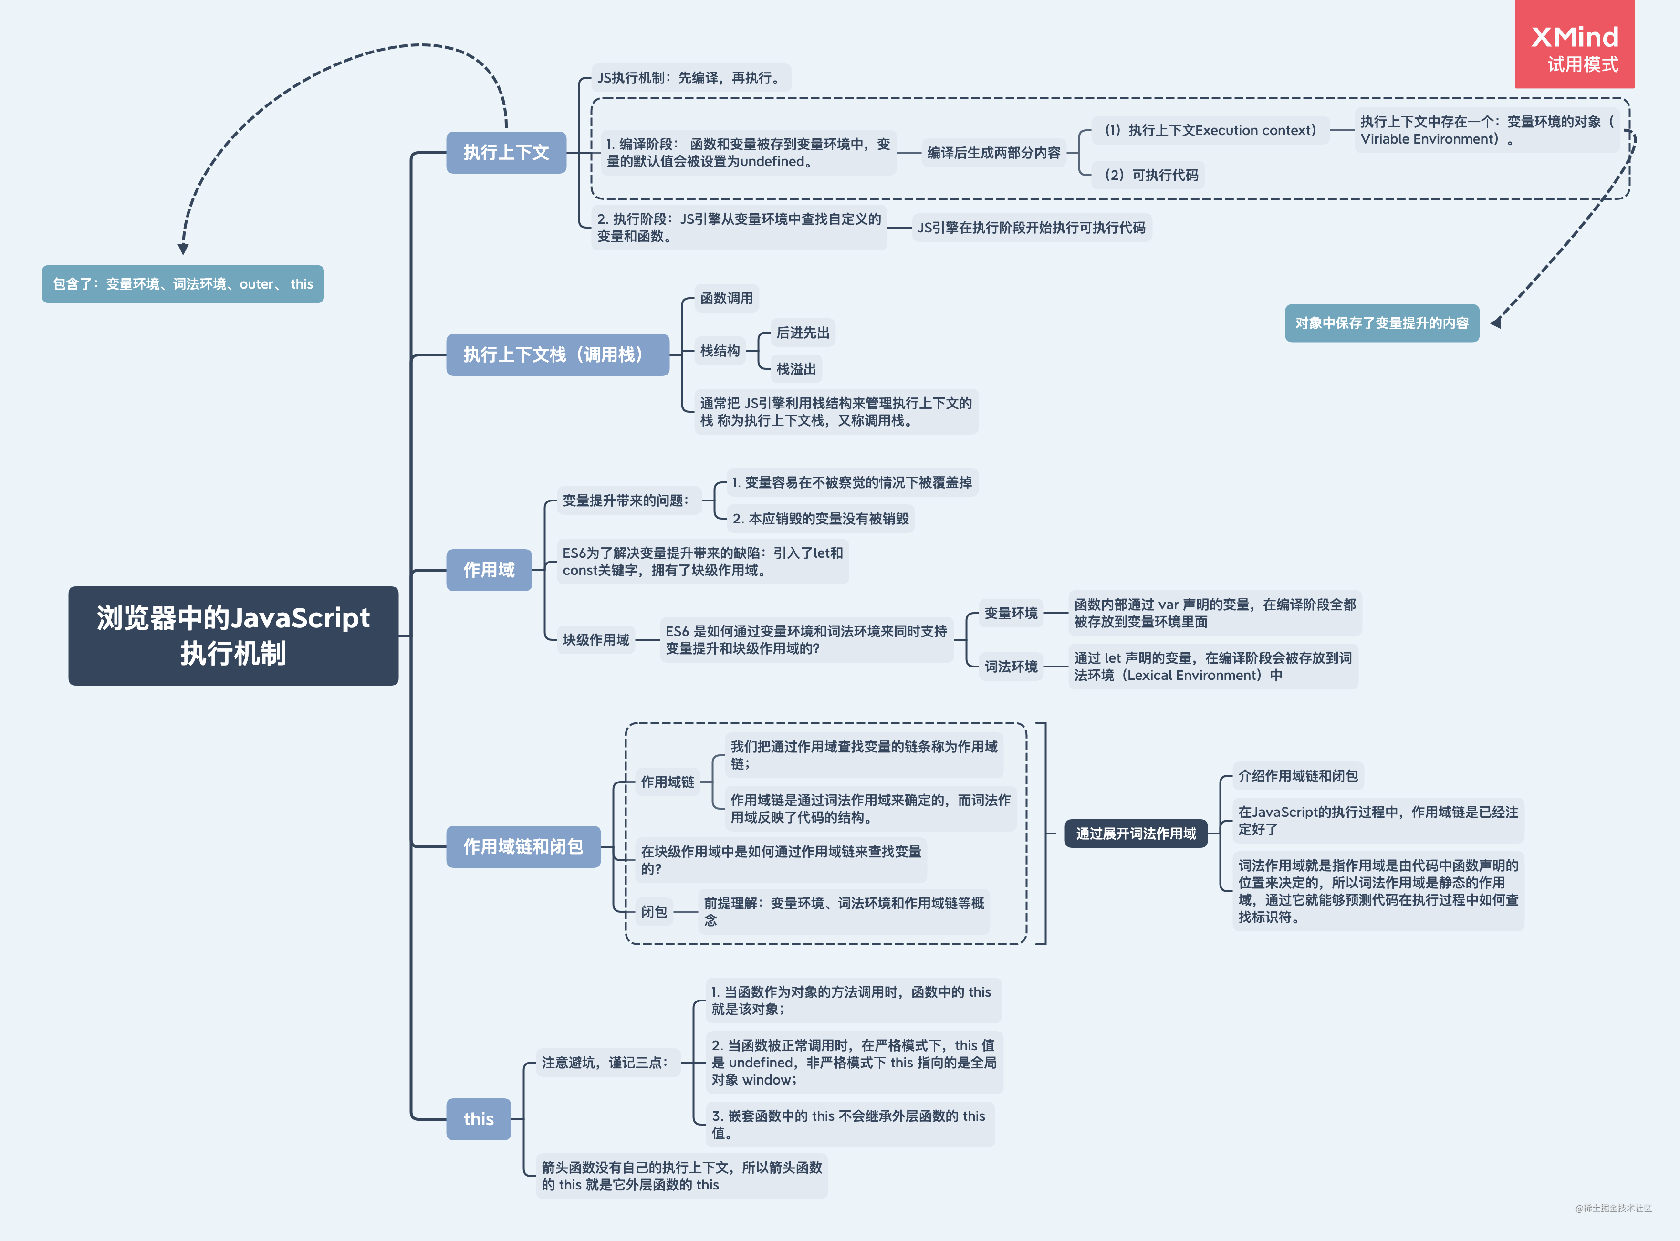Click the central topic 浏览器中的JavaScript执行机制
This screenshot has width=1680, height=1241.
[233, 636]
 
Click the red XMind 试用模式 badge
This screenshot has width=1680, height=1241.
[1574, 45]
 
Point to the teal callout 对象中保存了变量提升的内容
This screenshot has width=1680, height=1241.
[1381, 323]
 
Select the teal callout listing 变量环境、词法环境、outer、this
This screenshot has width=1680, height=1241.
[182, 284]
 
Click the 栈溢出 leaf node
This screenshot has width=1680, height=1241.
[795, 369]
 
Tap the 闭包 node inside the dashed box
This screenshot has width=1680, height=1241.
[653, 911]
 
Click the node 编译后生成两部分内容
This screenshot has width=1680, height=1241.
[993, 153]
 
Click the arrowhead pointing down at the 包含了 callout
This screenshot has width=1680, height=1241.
[182, 249]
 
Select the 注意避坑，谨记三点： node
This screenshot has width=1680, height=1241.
[605, 1062]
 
